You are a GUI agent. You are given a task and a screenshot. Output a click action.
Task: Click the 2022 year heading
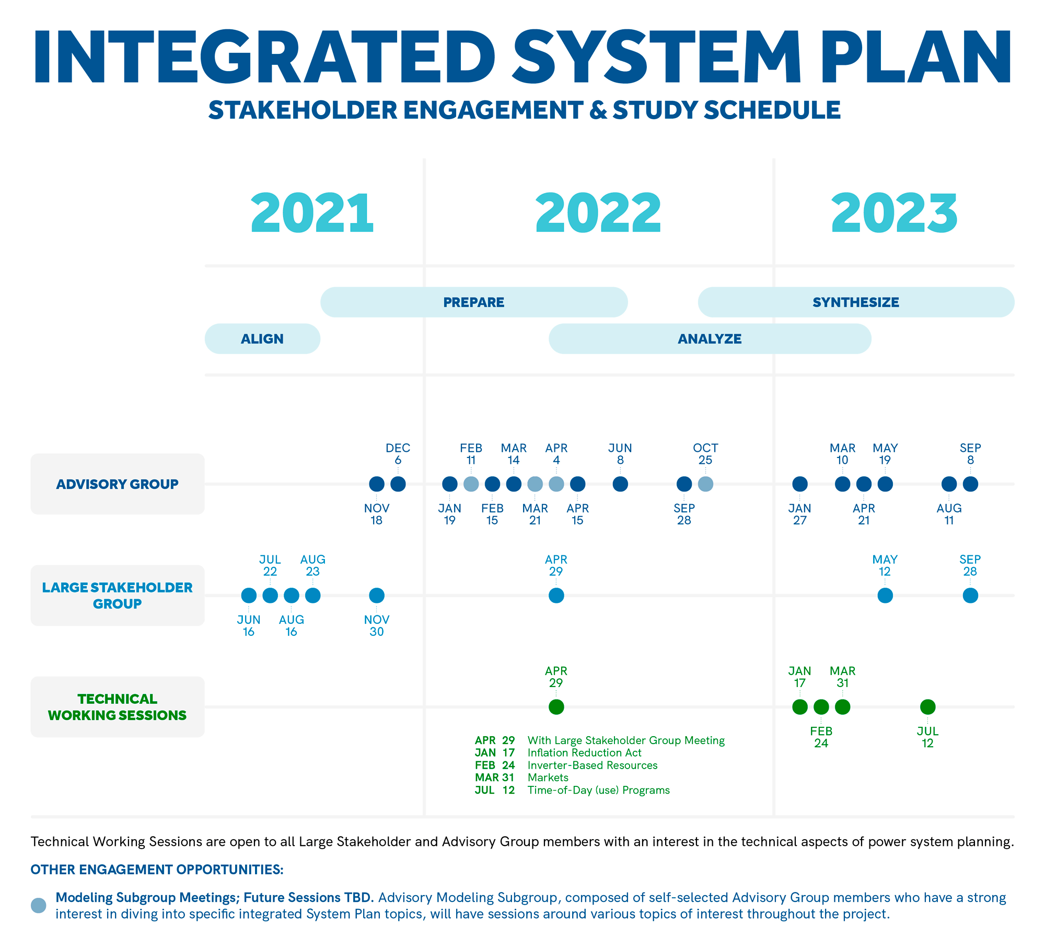click(598, 213)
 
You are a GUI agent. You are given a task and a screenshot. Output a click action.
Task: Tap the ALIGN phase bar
click(262, 339)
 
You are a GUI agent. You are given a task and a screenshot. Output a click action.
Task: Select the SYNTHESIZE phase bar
click(856, 302)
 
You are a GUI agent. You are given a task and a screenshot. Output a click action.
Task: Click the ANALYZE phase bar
click(710, 339)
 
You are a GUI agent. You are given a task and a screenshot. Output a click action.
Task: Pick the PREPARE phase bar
click(474, 302)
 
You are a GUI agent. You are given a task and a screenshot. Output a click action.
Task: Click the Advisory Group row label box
click(118, 484)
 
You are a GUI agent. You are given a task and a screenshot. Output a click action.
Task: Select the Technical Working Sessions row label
click(118, 707)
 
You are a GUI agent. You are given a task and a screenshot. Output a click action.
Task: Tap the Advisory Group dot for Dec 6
click(398, 484)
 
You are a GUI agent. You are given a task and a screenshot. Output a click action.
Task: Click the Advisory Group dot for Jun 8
click(620, 484)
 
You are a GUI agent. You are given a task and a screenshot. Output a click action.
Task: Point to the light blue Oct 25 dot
click(705, 484)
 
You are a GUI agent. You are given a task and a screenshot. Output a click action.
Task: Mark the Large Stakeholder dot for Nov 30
click(377, 596)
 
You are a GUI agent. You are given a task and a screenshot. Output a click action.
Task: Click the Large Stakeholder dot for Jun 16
click(249, 596)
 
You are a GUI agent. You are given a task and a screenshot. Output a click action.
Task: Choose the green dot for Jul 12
click(927, 707)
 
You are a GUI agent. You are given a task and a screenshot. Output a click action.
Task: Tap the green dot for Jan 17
click(800, 707)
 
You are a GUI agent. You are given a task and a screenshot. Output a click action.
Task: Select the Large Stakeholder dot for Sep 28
click(970, 596)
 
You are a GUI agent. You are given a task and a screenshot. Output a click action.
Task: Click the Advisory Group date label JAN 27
click(800, 514)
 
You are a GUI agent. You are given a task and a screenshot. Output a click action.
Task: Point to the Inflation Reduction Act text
click(584, 753)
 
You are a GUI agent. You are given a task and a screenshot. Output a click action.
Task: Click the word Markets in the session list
click(548, 778)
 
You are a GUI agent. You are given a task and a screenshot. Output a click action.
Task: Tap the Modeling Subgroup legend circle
click(39, 906)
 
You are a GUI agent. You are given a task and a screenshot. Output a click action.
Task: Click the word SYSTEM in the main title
click(657, 58)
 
